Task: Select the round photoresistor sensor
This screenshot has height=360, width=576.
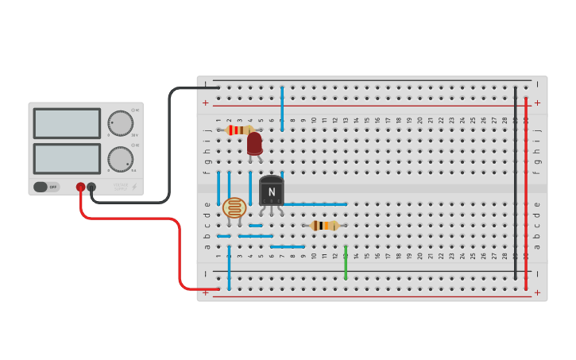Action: [x=234, y=208]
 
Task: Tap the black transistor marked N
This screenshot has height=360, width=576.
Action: [x=271, y=192]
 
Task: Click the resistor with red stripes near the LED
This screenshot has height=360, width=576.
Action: [x=239, y=130]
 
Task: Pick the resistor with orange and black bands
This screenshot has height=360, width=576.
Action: [x=324, y=226]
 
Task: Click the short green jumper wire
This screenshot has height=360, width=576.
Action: [x=346, y=262]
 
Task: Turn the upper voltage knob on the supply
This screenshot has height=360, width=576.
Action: [x=121, y=123]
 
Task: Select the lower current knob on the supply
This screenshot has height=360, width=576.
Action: [x=121, y=158]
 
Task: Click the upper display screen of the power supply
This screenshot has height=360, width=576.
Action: [x=67, y=124]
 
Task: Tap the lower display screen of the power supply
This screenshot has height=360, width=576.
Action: [x=67, y=158]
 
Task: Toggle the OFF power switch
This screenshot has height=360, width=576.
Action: [x=46, y=187]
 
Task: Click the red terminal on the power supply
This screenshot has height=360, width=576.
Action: [x=80, y=187]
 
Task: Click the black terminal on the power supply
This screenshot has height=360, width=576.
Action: [x=91, y=187]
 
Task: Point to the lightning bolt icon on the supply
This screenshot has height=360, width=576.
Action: [x=133, y=187]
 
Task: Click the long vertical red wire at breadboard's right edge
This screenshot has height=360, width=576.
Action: [x=526, y=191]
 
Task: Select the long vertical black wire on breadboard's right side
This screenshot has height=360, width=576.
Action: [x=515, y=183]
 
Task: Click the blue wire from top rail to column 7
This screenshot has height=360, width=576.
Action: [x=282, y=108]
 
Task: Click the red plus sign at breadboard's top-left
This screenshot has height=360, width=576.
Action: [x=205, y=103]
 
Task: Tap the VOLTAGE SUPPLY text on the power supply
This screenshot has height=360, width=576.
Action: [x=120, y=187]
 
